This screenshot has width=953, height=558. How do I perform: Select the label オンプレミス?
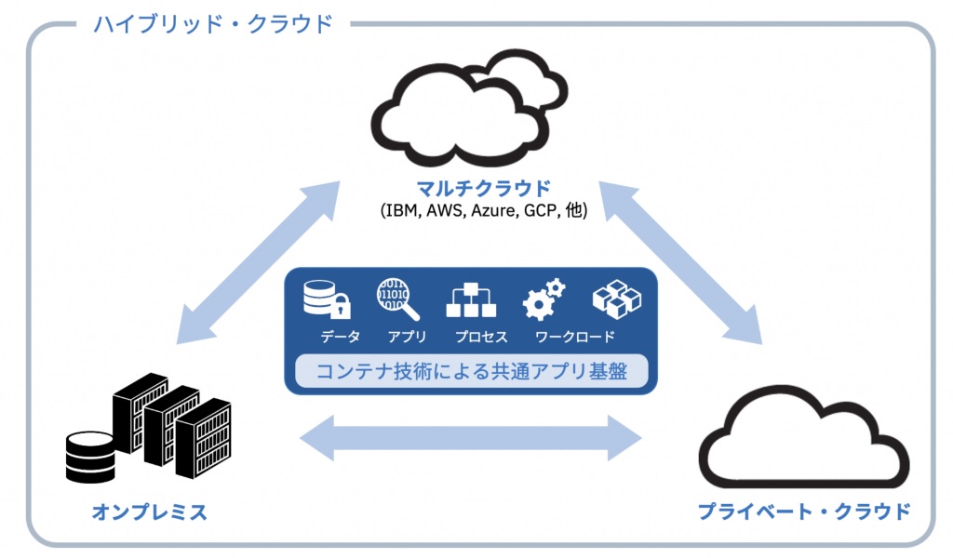[x=149, y=511]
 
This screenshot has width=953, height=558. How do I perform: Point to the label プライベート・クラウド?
[x=802, y=511]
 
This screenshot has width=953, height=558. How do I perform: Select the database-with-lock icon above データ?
[x=327, y=299]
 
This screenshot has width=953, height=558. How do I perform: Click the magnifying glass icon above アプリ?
[x=398, y=299]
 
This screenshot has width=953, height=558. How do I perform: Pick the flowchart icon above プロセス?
[x=472, y=299]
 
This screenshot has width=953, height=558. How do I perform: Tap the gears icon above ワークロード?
[x=544, y=299]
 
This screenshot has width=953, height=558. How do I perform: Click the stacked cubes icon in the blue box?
[x=617, y=299]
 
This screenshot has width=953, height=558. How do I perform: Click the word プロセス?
[x=481, y=337]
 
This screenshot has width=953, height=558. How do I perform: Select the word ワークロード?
[x=574, y=337]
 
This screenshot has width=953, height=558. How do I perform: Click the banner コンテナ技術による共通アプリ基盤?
[x=470, y=371]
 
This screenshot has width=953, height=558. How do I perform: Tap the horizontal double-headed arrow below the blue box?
[x=473, y=436]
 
